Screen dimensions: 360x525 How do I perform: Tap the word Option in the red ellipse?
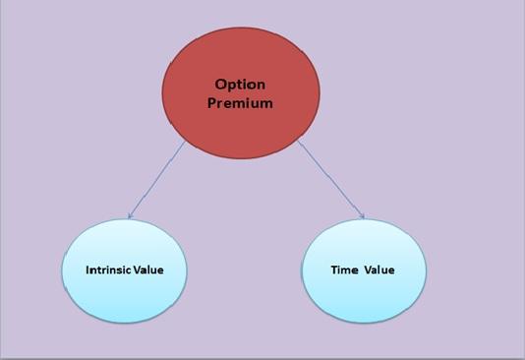click(241, 85)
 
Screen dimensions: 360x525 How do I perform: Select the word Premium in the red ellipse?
click(240, 102)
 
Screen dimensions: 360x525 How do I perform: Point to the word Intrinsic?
click(104, 270)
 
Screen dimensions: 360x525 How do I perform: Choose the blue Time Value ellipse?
click(363, 270)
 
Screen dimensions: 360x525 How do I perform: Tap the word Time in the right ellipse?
click(343, 270)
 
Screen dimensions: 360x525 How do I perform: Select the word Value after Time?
click(379, 270)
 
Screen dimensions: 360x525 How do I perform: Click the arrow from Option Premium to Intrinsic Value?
click(157, 179)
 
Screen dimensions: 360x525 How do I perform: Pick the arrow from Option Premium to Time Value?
click(330, 179)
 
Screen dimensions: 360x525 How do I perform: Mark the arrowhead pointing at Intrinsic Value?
click(130, 216)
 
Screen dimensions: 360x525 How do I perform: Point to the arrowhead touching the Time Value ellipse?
click(362, 216)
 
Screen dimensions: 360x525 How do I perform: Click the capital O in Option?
click(221, 85)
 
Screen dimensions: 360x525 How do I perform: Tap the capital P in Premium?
click(212, 102)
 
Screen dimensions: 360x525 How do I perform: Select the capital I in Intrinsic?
click(87, 270)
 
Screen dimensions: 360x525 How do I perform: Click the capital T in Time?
click(333, 270)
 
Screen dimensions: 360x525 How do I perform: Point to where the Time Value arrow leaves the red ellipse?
click(298, 142)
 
